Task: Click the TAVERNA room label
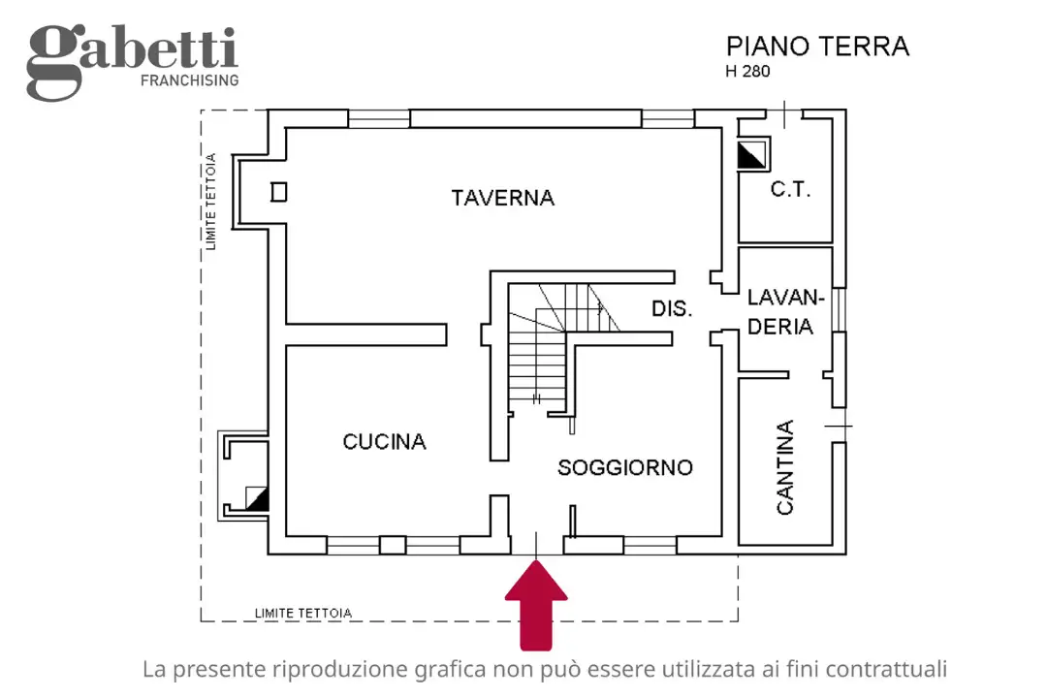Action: coord(502,198)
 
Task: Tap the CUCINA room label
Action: coord(384,442)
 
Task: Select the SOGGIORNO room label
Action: coord(624,468)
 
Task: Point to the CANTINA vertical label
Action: coord(785,466)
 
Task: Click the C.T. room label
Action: coord(790,190)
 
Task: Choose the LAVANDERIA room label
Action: coord(784,312)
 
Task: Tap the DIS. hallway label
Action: coord(671,309)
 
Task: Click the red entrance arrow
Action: coord(536,605)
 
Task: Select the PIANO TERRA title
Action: coord(817,47)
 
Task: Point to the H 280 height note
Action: coord(747,72)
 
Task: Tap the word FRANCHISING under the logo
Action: coord(189,80)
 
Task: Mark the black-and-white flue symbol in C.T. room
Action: coord(751,155)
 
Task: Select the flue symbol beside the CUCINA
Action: coord(256,498)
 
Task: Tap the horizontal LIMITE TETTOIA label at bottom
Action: coord(302,613)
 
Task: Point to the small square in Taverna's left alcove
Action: coord(278,192)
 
